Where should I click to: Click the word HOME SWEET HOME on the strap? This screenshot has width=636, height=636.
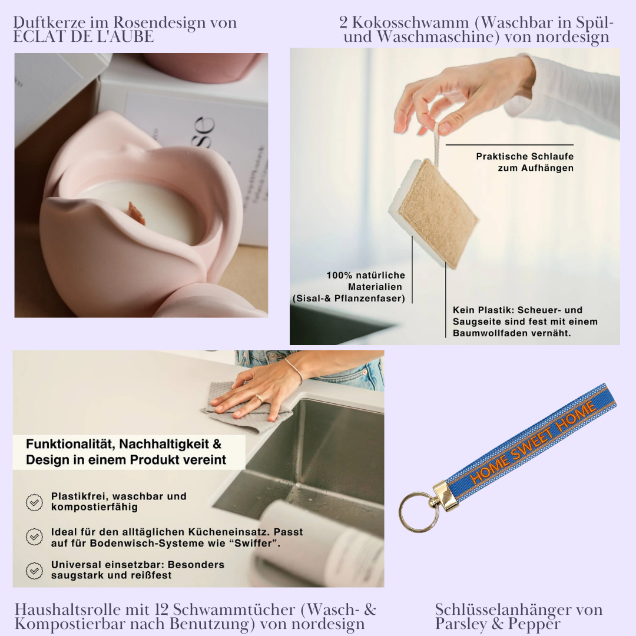tap(533, 442)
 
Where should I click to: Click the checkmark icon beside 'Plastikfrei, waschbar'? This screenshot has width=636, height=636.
tap(35, 502)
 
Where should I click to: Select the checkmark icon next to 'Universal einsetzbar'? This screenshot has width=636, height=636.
tap(35, 570)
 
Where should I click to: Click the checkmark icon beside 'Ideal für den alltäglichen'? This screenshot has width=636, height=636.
tap(35, 536)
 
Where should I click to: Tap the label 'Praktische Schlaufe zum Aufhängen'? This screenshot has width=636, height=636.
tap(524, 162)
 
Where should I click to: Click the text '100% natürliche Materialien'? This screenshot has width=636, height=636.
tap(366, 281)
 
